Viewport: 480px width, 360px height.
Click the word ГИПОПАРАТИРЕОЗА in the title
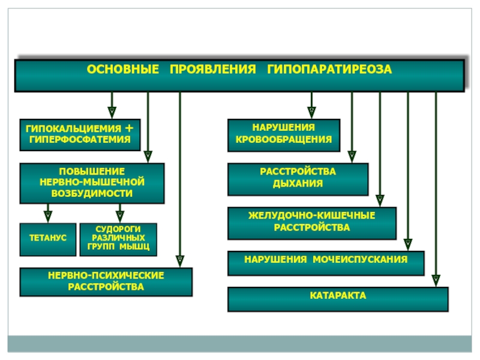click(329, 69)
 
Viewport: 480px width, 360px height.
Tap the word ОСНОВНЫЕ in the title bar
click(123, 69)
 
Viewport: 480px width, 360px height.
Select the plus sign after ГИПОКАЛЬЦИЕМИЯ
click(129, 128)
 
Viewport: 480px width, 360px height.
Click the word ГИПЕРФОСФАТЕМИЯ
click(80, 140)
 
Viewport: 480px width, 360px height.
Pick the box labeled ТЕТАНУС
click(48, 239)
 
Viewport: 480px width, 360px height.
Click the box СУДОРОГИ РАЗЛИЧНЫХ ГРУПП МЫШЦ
click(118, 239)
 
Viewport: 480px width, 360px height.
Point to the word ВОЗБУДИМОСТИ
click(92, 193)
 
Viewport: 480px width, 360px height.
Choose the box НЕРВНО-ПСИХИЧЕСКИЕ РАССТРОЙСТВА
click(106, 282)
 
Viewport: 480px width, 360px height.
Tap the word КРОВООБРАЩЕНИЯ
click(284, 140)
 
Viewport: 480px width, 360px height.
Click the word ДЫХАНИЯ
click(298, 184)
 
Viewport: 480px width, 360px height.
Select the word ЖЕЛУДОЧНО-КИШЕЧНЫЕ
click(311, 215)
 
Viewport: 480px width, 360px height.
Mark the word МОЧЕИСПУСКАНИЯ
click(360, 260)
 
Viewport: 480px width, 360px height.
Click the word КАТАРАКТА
click(338, 295)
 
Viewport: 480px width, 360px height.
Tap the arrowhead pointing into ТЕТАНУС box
click(48, 217)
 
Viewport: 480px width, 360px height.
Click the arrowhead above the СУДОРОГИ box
click(119, 217)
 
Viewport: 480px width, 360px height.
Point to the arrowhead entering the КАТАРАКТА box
click(436, 281)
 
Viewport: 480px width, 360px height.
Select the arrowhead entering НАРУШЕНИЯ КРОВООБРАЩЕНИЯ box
click(311, 113)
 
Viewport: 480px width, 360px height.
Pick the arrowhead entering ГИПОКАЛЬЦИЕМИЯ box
click(112, 113)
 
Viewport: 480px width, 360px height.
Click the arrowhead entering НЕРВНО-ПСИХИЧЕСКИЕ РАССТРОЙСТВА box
click(180, 262)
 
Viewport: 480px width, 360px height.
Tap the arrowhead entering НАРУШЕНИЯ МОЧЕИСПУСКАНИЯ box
click(408, 245)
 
